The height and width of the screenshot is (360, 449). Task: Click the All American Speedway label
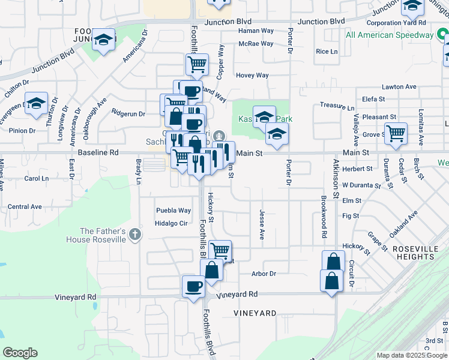pyautogui.click(x=390, y=35)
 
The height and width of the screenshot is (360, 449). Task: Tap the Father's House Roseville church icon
pyautogui.click(x=136, y=235)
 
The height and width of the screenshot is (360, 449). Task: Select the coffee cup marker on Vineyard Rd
pyautogui.click(x=193, y=286)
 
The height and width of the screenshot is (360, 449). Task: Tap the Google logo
pyautogui.click(x=20, y=353)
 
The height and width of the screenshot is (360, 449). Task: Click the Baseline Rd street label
pyautogui.click(x=98, y=153)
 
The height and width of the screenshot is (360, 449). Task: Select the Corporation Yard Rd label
pyautogui.click(x=396, y=23)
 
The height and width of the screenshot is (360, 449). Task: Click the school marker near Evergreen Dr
pyautogui.click(x=36, y=103)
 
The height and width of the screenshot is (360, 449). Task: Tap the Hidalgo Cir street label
pyautogui.click(x=172, y=223)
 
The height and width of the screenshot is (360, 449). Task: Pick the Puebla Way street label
pyautogui.click(x=173, y=211)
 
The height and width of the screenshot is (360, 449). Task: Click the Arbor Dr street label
pyautogui.click(x=264, y=274)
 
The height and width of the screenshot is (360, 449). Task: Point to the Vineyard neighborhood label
pyautogui.click(x=255, y=313)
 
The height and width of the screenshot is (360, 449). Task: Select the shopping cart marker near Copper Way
pyautogui.click(x=197, y=64)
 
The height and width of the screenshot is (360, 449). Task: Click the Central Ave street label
pyautogui.click(x=25, y=206)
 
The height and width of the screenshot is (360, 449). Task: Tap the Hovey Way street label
pyautogui.click(x=252, y=76)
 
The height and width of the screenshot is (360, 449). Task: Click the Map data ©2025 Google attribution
pyautogui.click(x=412, y=355)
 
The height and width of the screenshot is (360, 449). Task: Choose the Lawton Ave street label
pyautogui.click(x=399, y=87)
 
